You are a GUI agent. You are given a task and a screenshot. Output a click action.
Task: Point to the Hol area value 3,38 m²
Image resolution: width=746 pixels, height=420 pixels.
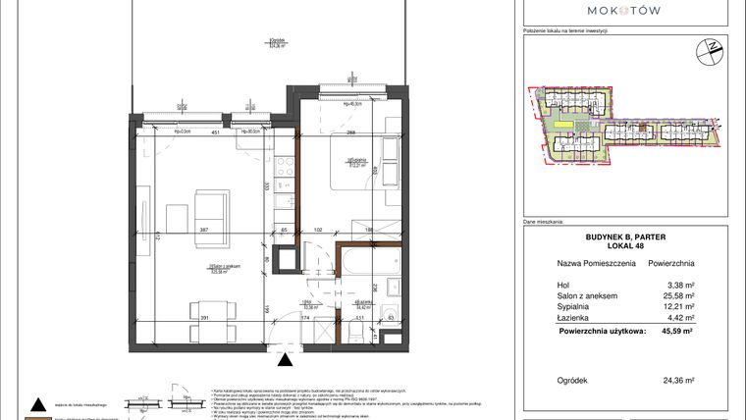point(680,286)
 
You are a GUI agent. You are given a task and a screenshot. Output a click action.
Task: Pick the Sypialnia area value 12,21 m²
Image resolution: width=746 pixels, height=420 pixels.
point(678,307)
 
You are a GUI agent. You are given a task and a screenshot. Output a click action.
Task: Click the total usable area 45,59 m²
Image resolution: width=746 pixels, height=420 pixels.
point(677,332)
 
